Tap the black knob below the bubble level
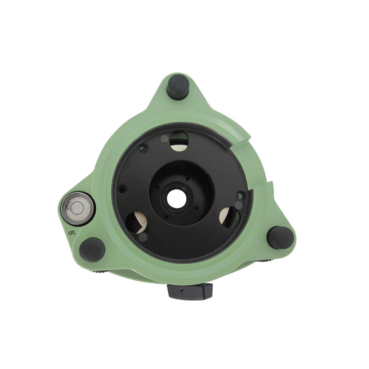click(x=92, y=250)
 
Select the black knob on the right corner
click(x=280, y=238)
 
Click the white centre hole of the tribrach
click(x=177, y=199)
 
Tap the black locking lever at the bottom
click(x=190, y=291)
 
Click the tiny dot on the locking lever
click(x=181, y=291)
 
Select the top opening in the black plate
click(x=179, y=141)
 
